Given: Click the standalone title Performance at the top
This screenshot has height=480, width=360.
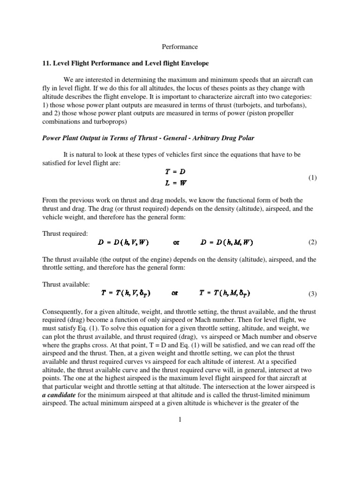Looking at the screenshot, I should pyautogui.click(x=180, y=47).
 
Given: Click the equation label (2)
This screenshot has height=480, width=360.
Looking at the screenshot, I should pyautogui.click(x=313, y=242).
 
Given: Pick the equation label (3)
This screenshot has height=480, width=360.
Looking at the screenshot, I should pyautogui.click(x=313, y=294).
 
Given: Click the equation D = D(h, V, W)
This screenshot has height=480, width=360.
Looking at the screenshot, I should pyautogui.click(x=123, y=242).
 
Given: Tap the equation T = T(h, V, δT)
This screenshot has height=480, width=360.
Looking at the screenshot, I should pyautogui.click(x=126, y=294).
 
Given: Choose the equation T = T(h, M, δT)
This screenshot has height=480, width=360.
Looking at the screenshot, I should pyautogui.click(x=225, y=294).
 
